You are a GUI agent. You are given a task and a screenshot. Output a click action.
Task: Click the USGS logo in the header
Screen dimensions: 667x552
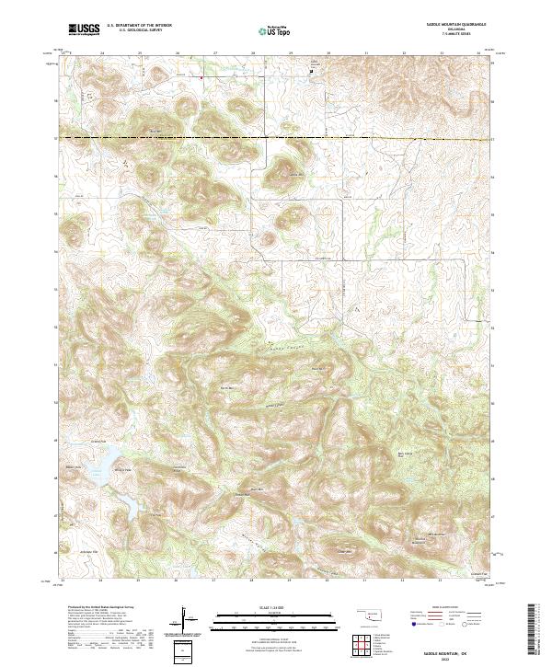click(84, 29)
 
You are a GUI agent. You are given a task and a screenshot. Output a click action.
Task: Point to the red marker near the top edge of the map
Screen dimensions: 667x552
click(201, 78)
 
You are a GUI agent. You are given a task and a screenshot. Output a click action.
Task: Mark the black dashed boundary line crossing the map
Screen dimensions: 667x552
click(276, 138)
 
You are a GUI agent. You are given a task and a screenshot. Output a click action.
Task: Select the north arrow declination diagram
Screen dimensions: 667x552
click(185, 621)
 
